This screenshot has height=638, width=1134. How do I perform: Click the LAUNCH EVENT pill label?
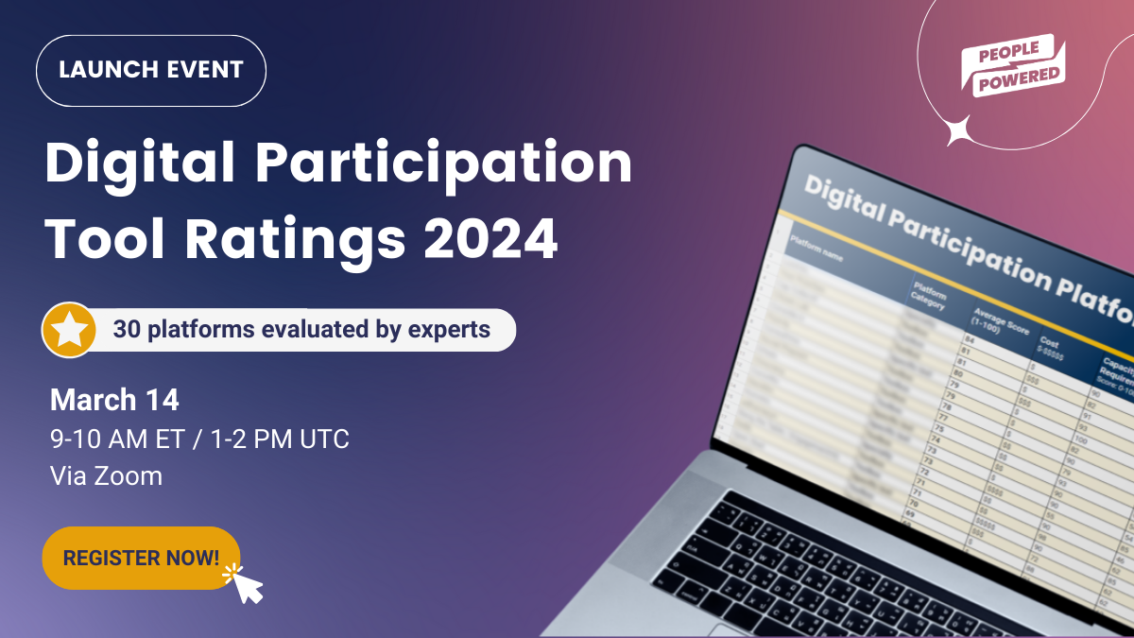(x=151, y=70)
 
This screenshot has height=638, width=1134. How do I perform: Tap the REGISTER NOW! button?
(x=141, y=558)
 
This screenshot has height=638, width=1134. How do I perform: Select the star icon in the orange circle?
(x=69, y=330)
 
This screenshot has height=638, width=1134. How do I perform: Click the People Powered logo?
(x=1013, y=65)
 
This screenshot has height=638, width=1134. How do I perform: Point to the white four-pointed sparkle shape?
(x=960, y=129)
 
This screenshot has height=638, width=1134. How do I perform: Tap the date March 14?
(x=114, y=400)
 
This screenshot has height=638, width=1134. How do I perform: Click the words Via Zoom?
(x=106, y=475)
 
